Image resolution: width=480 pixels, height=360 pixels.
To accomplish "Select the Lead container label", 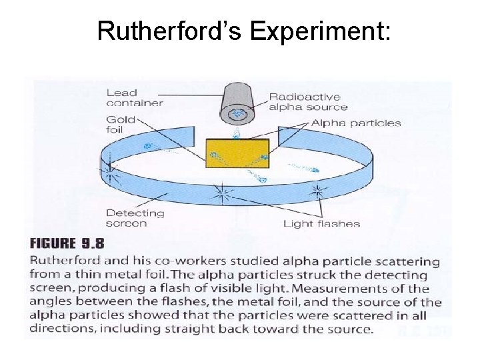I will (x=134, y=97).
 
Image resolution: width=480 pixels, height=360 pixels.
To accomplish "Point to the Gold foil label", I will (x=121, y=125).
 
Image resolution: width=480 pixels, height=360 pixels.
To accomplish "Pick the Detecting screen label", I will (x=135, y=218).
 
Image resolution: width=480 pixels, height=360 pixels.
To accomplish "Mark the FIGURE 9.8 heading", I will (x=67, y=242).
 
